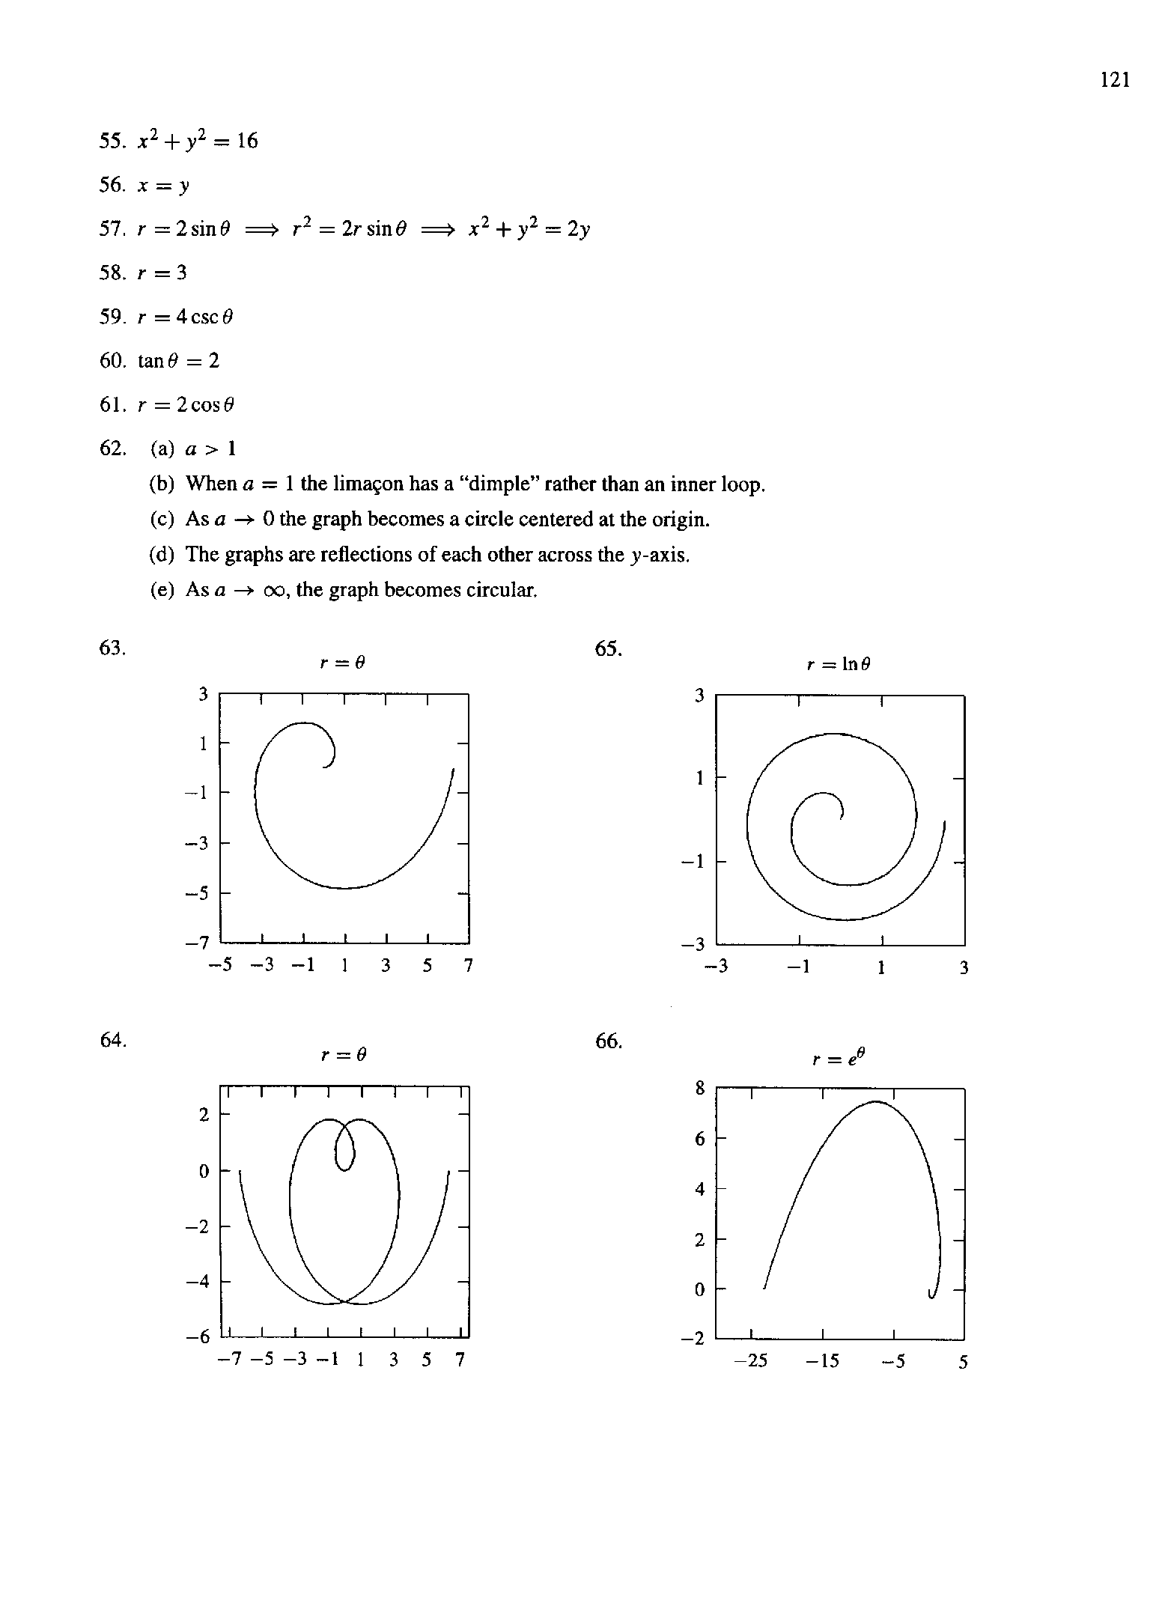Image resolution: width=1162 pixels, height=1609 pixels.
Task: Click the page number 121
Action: pyautogui.click(x=1115, y=80)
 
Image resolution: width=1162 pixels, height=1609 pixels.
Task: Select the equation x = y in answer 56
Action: pyautogui.click(x=163, y=186)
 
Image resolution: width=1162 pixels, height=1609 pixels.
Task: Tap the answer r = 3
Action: pyautogui.click(x=162, y=273)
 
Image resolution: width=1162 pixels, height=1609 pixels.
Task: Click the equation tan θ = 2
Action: pyautogui.click(x=179, y=361)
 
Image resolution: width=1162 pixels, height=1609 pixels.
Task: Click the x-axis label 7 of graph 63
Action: pyautogui.click(x=469, y=967)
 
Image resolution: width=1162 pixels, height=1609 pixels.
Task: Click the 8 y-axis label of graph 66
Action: pyautogui.click(x=700, y=1089)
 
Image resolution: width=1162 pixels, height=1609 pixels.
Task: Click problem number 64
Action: pyautogui.click(x=112, y=1040)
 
